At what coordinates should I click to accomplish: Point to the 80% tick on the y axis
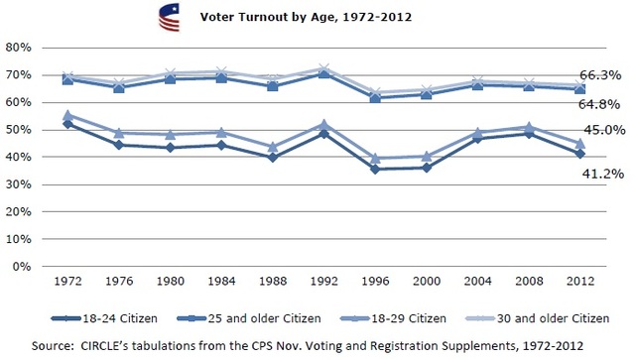tap(22, 47)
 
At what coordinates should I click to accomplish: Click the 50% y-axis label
tap(22, 129)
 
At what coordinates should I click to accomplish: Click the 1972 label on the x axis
tap(68, 281)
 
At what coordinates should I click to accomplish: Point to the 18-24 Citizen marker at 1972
tap(68, 124)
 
